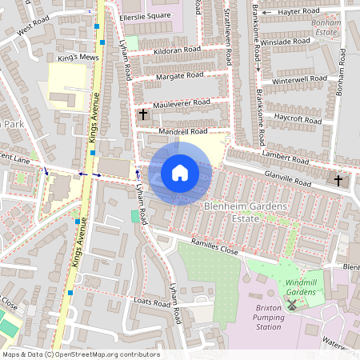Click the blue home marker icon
click(x=180, y=173)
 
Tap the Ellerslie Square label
click(x=145, y=16)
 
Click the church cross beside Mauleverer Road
click(x=142, y=114)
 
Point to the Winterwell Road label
click(x=300, y=80)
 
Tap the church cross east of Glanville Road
click(x=338, y=180)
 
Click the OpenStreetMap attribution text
click(x=81, y=354)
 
